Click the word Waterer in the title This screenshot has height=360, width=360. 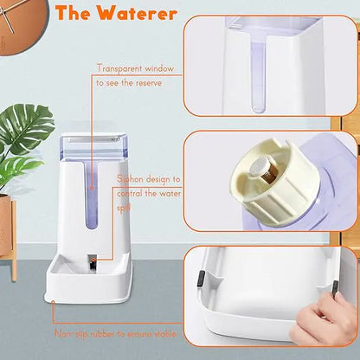pyautogui.click(x=139, y=13)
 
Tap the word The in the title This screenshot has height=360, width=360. pyautogui.click(x=80, y=13)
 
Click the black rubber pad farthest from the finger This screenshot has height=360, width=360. pyautogui.click(x=198, y=279)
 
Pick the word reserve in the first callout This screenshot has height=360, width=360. pyautogui.click(x=157, y=82)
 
